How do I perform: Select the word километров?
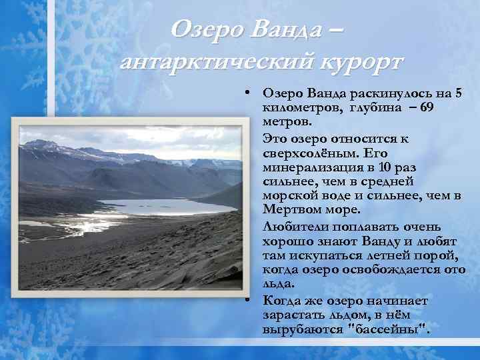click(300, 108)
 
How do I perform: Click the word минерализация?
click(309, 167)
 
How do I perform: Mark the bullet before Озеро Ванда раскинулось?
click(246, 93)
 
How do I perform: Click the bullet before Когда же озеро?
click(246, 301)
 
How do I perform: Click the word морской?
click(291, 197)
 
